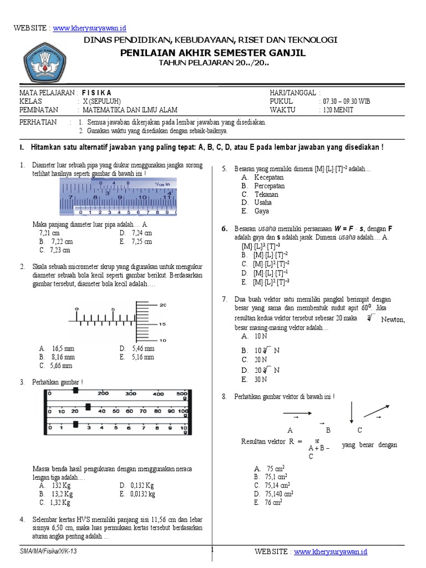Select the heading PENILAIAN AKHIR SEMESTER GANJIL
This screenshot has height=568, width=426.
(x=213, y=53)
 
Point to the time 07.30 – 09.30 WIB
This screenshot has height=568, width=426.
(x=344, y=102)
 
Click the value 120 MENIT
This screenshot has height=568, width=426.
(x=336, y=110)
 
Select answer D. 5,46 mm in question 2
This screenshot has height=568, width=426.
(x=136, y=348)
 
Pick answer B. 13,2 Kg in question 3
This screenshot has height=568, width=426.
(x=55, y=494)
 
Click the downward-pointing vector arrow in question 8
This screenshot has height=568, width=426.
(x=351, y=413)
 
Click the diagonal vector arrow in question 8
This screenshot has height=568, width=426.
(x=376, y=410)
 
